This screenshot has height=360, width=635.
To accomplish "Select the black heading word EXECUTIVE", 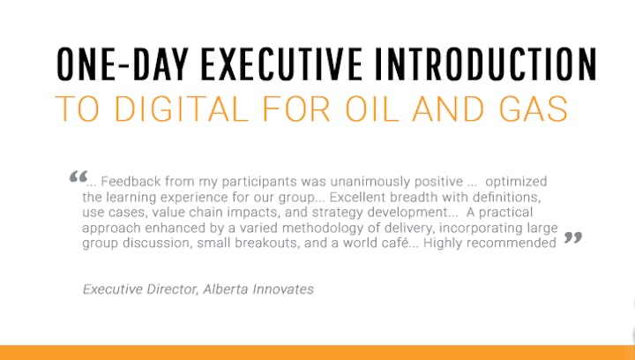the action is point(281,64).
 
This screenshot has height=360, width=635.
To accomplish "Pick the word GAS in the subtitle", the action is point(534,109).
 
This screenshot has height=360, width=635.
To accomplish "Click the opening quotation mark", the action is point(78,176).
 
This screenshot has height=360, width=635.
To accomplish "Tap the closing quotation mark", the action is point(573,237).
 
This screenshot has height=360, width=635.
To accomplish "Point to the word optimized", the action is point(516,182).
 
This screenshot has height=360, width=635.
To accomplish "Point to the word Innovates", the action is point(283,289).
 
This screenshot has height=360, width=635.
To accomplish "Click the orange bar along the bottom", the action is point(317,353).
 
